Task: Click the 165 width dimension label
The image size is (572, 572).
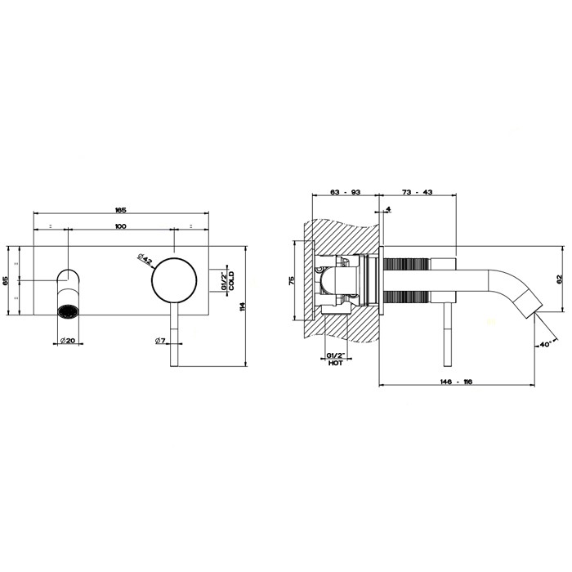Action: pyautogui.click(x=120, y=210)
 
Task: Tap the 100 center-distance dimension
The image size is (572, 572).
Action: pyautogui.click(x=120, y=226)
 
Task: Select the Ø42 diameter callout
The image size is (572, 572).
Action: pyautogui.click(x=145, y=259)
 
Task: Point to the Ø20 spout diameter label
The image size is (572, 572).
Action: pyautogui.click(x=68, y=341)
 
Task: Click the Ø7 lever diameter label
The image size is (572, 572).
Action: pyautogui.click(x=160, y=341)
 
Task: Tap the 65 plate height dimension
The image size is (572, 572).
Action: pyautogui.click(x=5, y=280)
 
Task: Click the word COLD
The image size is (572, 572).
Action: pyautogui.click(x=231, y=280)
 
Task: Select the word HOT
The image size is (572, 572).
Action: pyautogui.click(x=335, y=364)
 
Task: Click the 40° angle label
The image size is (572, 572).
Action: pyautogui.click(x=546, y=344)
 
